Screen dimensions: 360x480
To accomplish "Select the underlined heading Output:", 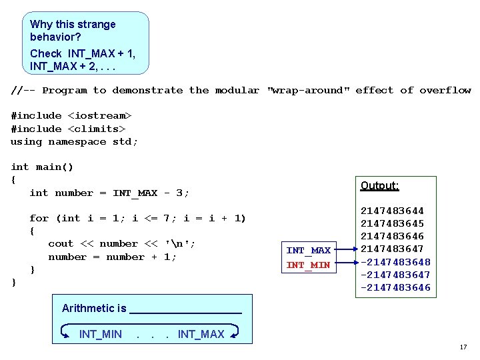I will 379,186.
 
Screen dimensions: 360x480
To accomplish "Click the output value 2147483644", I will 392,211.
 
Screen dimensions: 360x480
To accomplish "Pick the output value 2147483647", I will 392,249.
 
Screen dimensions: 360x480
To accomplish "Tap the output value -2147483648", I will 395,262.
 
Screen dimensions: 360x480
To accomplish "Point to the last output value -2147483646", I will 395,287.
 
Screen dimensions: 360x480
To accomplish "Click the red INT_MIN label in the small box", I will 308,265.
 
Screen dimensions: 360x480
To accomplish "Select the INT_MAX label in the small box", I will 308,251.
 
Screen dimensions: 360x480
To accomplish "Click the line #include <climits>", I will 68,129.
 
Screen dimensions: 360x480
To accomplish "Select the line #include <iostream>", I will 71,116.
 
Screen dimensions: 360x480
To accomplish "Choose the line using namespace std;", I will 74,141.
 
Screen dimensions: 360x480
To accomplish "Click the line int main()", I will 42,167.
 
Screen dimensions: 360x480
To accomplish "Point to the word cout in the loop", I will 61,244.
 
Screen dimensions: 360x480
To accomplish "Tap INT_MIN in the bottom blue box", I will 100,334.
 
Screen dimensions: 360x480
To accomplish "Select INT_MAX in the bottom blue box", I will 201,334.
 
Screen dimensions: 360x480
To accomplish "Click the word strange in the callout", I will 96,25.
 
